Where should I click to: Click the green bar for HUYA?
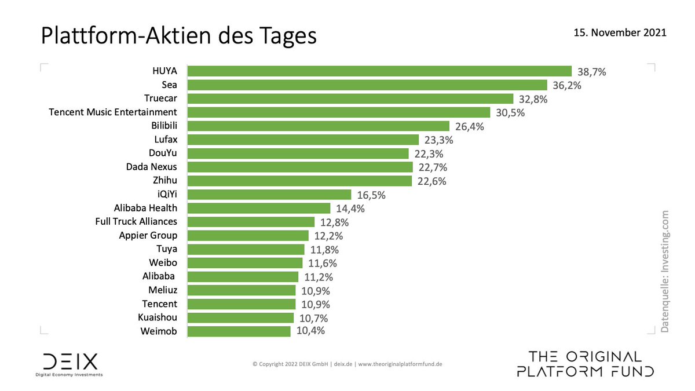[379, 71]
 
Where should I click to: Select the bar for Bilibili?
[319, 126]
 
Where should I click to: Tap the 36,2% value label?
[567, 85]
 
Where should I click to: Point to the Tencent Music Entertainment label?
[113, 112]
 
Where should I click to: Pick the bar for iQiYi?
[269, 194]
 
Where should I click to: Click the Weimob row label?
[159, 331]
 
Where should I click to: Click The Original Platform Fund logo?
[586, 364]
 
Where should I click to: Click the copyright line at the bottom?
[348, 364]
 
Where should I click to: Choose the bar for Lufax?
[303, 140]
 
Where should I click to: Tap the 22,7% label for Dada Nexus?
[432, 168]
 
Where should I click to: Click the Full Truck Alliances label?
[136, 221]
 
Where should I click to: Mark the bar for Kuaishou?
[241, 317]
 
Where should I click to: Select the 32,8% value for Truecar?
[533, 99]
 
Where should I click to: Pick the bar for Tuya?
[246, 249]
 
